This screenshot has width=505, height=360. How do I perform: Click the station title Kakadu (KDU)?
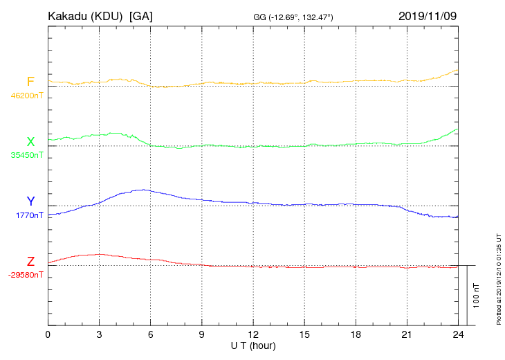click(86, 16)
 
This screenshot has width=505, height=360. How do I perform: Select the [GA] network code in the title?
click(141, 16)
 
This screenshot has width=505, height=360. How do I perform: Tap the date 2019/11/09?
click(428, 15)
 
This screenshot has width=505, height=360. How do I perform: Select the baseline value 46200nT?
click(26, 96)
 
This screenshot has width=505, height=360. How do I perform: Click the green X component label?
click(30, 142)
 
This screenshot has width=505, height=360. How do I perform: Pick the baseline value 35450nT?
click(26, 155)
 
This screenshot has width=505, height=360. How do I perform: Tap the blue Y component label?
click(30, 201)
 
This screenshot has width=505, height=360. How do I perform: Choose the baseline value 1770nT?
click(28, 215)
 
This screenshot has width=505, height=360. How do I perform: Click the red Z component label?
click(30, 262)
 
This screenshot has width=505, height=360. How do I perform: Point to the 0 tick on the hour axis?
click(48, 334)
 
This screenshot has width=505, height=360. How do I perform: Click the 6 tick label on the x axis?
click(150, 334)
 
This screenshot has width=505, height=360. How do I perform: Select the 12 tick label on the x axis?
click(253, 334)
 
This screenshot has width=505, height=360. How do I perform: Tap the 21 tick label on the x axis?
click(407, 334)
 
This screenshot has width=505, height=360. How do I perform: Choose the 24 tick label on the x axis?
click(458, 334)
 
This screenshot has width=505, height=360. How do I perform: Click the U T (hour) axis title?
click(253, 345)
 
